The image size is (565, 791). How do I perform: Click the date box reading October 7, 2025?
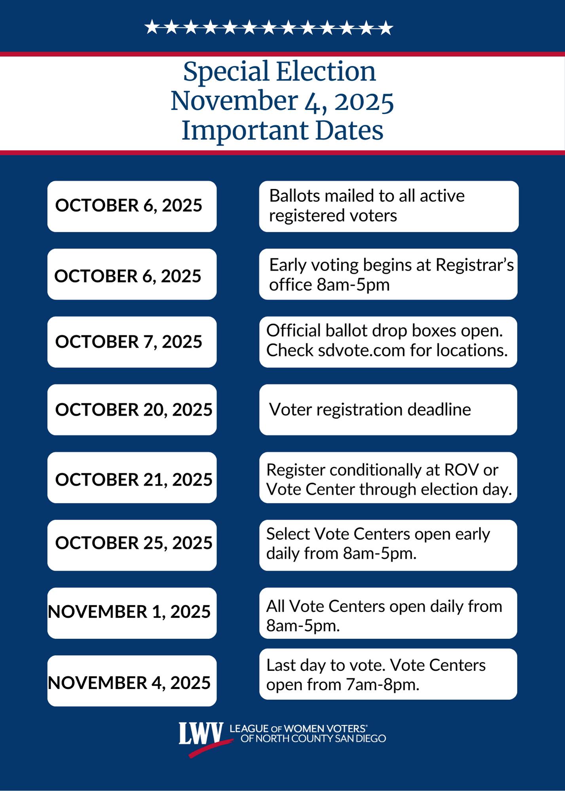(132, 342)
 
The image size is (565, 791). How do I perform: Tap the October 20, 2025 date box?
(132, 410)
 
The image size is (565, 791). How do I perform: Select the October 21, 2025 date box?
(132, 478)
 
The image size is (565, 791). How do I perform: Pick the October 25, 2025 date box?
(132, 545)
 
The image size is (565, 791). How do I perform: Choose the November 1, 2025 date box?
(132, 613)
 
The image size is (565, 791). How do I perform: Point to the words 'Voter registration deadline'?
(370, 410)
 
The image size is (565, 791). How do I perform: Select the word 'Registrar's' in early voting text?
(474, 265)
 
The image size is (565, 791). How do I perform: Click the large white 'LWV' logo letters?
(201, 734)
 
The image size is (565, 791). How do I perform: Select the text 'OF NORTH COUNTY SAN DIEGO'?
(313, 739)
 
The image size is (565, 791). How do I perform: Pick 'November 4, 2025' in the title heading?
(282, 101)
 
